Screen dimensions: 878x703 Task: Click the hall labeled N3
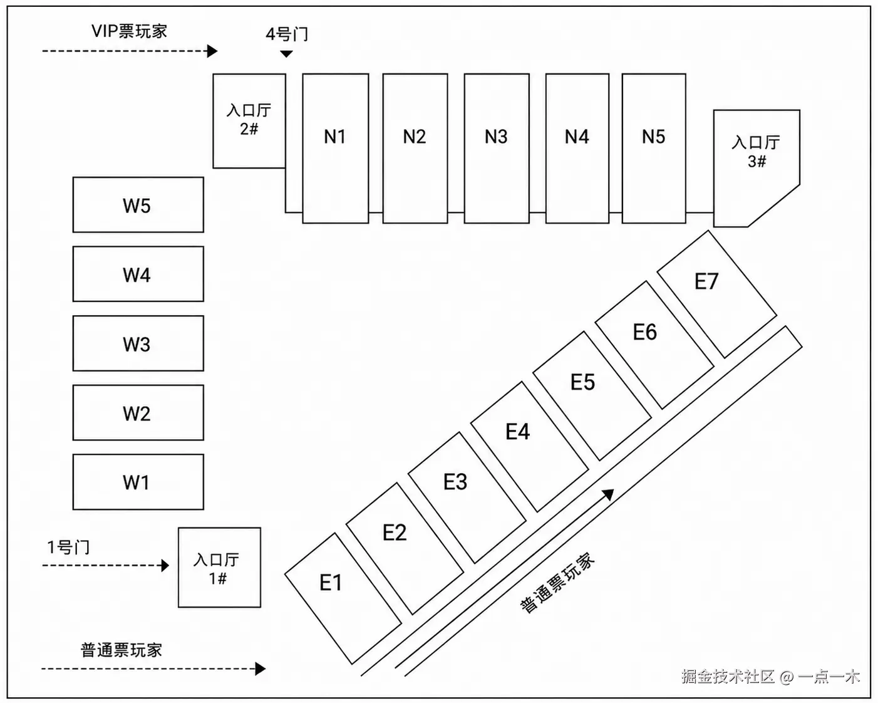click(x=497, y=148)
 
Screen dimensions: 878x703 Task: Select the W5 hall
click(x=138, y=204)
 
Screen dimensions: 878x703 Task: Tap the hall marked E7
click(x=717, y=294)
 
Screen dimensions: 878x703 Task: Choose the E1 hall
click(x=343, y=598)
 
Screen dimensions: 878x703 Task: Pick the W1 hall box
click(x=138, y=482)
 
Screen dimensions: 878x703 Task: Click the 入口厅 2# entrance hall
click(x=249, y=121)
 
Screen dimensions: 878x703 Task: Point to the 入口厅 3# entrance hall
click(x=757, y=168)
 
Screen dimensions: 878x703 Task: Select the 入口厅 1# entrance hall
click(x=219, y=568)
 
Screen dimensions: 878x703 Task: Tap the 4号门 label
click(x=287, y=34)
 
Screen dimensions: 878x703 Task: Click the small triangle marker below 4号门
click(x=286, y=54)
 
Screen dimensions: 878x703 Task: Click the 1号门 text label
click(x=68, y=547)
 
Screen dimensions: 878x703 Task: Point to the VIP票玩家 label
click(x=130, y=31)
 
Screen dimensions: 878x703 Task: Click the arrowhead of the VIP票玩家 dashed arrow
click(x=212, y=51)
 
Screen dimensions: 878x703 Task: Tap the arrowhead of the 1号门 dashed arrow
click(x=165, y=565)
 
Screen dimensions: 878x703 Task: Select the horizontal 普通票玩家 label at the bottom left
click(x=121, y=650)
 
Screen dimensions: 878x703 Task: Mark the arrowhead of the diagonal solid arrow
click(x=608, y=494)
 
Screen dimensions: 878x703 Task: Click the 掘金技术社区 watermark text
click(x=728, y=677)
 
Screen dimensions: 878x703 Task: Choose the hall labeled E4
click(x=530, y=447)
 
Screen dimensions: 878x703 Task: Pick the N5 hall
click(x=654, y=148)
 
